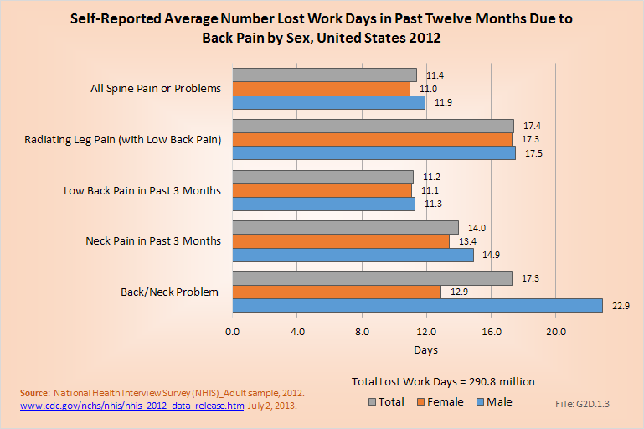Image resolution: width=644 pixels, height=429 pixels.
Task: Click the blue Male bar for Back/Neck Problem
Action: click(x=417, y=306)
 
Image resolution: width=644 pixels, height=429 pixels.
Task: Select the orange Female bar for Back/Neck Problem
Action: click(x=337, y=292)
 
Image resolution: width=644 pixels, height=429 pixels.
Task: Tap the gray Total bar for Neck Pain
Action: click(x=345, y=227)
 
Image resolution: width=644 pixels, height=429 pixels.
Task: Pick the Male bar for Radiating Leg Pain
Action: click(x=374, y=153)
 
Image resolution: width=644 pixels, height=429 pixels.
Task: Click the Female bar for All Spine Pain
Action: click(x=321, y=89)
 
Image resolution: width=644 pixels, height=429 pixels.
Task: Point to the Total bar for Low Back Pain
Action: click(x=322, y=177)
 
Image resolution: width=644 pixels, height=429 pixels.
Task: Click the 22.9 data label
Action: click(x=621, y=306)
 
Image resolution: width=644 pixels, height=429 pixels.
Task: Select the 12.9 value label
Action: click(x=459, y=292)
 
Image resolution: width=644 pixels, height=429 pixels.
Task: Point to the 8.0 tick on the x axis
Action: click(x=362, y=331)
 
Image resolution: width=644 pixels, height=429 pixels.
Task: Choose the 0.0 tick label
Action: click(x=233, y=331)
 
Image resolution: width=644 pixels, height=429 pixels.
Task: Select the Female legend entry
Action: click(x=438, y=402)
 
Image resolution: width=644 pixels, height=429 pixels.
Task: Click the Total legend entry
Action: click(x=385, y=402)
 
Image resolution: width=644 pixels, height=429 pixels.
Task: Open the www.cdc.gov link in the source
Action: click(x=131, y=405)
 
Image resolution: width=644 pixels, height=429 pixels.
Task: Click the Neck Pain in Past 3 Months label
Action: click(x=153, y=241)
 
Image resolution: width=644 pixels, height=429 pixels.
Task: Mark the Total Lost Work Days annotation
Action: click(x=443, y=381)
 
